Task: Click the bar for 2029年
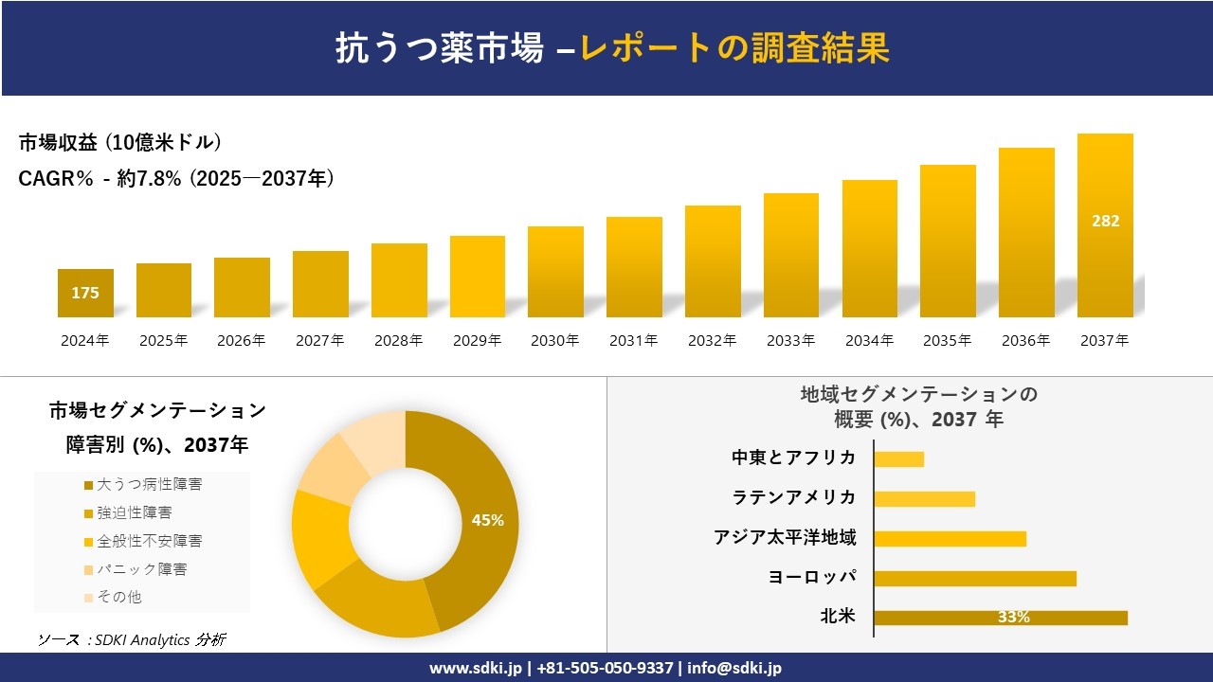[x=478, y=277]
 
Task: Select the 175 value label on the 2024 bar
[x=85, y=293]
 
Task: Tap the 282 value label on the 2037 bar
[x=1105, y=221]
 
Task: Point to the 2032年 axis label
[x=712, y=341]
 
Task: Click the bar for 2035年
[x=948, y=241]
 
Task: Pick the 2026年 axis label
[x=242, y=341]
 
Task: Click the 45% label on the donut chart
[x=488, y=520]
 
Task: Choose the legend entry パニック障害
[x=142, y=569]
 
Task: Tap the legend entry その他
[x=119, y=598]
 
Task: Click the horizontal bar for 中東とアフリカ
[x=898, y=458]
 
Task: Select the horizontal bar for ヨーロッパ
[x=975, y=578]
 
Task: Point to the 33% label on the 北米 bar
[x=1013, y=618]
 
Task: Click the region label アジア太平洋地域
[x=785, y=538]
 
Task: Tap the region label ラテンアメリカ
[x=793, y=498]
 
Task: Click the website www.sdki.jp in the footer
[x=476, y=668]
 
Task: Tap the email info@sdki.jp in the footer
[x=733, y=668]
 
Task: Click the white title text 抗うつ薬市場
[x=439, y=48]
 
